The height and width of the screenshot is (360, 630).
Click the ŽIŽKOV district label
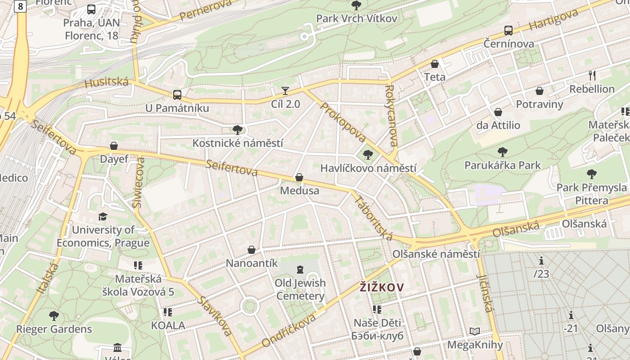[382, 287]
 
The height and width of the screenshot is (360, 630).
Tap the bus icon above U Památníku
[177, 94]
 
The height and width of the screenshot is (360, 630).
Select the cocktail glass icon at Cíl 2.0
[285, 90]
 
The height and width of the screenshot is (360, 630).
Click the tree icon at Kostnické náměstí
[238, 130]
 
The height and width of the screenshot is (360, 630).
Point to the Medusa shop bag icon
[299, 178]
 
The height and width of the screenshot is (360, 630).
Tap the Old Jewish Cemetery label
[300, 289]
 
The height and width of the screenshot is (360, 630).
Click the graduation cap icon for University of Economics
[103, 216]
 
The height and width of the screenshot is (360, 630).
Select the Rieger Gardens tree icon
[54, 315]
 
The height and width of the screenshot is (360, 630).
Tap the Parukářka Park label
[502, 165]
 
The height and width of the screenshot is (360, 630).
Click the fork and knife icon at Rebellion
[592, 75]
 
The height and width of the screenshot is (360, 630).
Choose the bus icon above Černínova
[508, 31]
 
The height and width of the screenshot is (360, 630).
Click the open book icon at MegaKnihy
[475, 332]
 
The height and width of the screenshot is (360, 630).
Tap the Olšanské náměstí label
[436, 254]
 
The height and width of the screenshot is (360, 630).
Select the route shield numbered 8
[20, 6]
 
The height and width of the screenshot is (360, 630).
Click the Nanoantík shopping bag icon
[252, 249]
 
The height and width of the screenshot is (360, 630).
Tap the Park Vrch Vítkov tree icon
[356, 5]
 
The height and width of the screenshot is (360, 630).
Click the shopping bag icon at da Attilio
[498, 112]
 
